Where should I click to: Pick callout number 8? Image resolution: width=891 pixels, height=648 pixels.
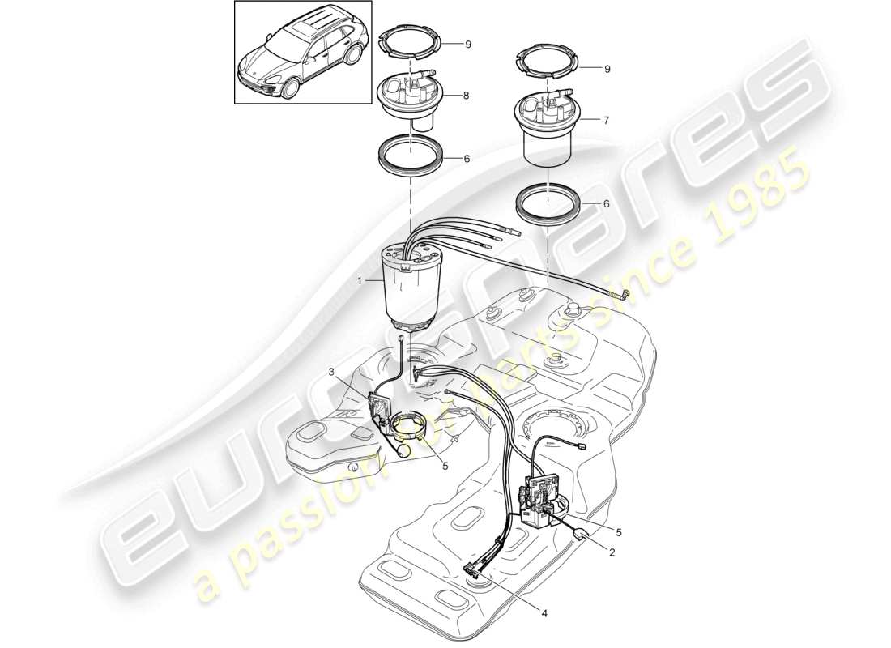coord(466,96)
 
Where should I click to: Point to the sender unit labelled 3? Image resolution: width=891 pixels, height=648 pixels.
coord(381,409)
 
